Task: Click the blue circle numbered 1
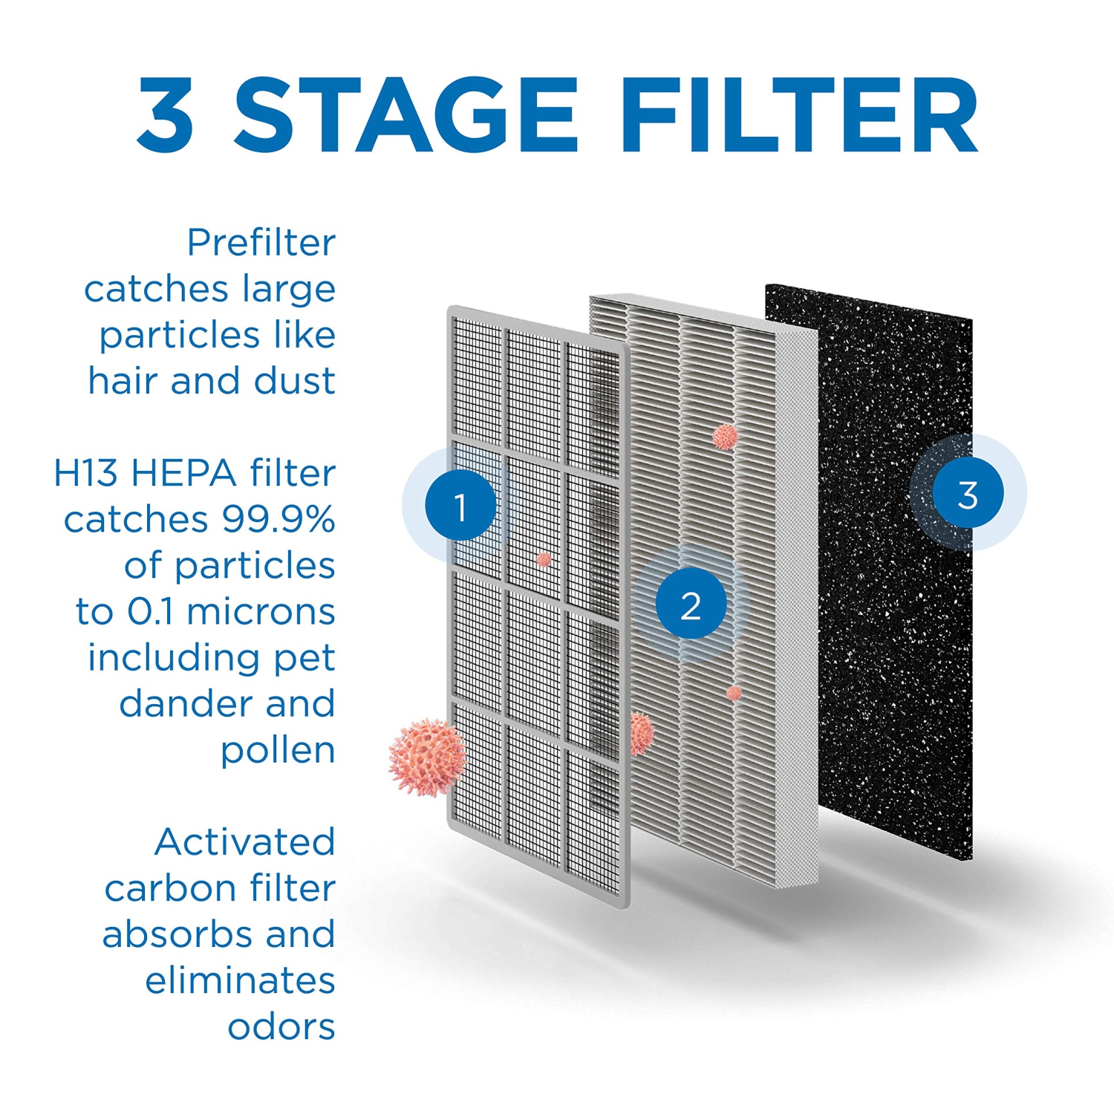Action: coord(460,506)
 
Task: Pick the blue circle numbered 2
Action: coord(691,605)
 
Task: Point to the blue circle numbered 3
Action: coord(968,494)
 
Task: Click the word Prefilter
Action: coord(261,243)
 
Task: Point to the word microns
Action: coord(261,612)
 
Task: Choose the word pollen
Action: coord(278,752)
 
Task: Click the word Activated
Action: coord(244,842)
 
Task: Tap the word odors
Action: coord(281,1027)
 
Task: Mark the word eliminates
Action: coord(240,981)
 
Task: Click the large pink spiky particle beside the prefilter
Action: coord(426,757)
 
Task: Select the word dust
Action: coord(295,381)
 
